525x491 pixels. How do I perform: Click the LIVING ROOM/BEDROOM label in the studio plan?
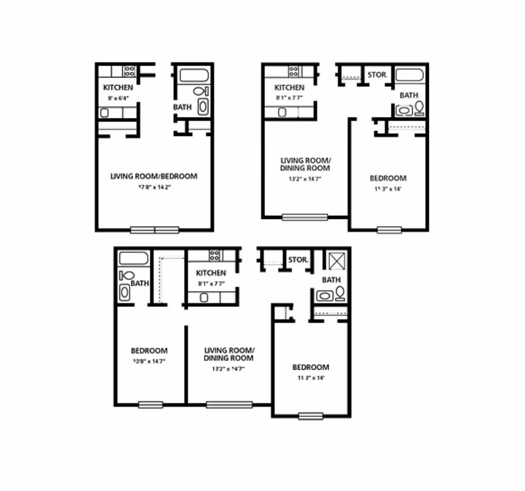pyautogui.click(x=154, y=176)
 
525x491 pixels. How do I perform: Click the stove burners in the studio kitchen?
pyautogui.click(x=130, y=70)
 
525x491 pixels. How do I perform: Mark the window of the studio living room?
pyautogui.click(x=155, y=230)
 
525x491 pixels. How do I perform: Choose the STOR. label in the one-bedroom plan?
pyautogui.click(x=377, y=75)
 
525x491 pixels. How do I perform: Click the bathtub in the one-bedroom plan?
pyautogui.click(x=409, y=75)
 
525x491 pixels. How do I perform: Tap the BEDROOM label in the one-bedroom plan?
pyautogui.click(x=388, y=178)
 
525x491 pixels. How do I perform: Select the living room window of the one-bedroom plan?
pyautogui.click(x=305, y=217)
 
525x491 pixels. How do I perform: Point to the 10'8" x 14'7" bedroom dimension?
pyautogui.click(x=148, y=361)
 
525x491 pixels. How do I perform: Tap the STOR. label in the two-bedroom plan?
pyautogui.click(x=298, y=260)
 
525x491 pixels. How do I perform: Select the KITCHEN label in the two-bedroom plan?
pyautogui.click(x=211, y=273)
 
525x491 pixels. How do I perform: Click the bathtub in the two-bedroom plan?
pyautogui.click(x=133, y=258)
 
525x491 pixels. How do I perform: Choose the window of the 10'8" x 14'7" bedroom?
pyautogui.click(x=150, y=405)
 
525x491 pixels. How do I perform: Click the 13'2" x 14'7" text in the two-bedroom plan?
pyautogui.click(x=228, y=369)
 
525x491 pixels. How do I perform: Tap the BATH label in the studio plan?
pyautogui.click(x=182, y=107)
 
